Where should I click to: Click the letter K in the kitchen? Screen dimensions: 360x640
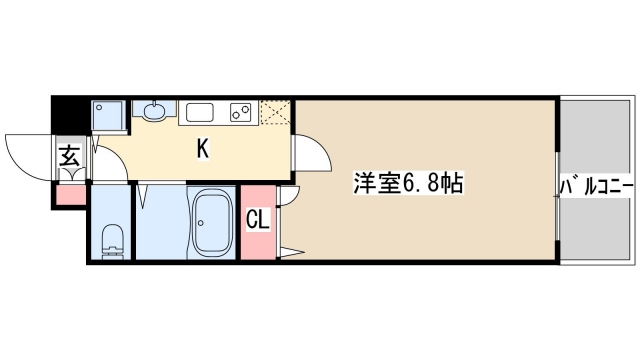tap(202, 149)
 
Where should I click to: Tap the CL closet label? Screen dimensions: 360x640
tap(257, 218)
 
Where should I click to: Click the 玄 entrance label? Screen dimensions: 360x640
tap(70, 155)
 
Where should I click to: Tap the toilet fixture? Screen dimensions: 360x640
tap(112, 239)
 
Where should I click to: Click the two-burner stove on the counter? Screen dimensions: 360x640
tap(241, 110)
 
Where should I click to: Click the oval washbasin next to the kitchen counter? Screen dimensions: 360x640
tap(155, 110)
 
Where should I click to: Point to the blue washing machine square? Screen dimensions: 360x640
tap(107, 114)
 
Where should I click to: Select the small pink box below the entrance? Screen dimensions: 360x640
tap(71, 194)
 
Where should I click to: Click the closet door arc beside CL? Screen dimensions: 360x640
tap(288, 198)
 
